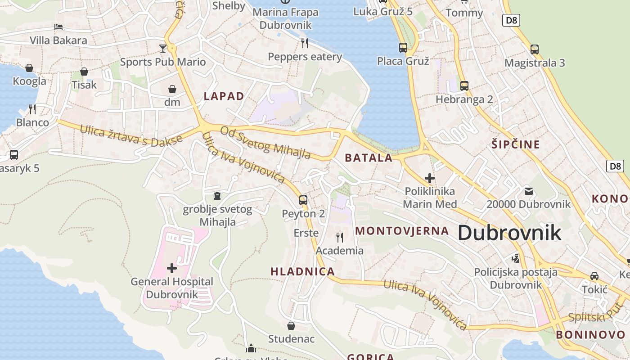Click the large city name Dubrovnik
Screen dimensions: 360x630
(x=509, y=233)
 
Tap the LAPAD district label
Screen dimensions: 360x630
(x=224, y=96)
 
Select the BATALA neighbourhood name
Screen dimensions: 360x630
(x=369, y=158)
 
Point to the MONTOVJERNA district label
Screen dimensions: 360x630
(x=402, y=231)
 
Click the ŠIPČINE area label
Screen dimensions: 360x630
(x=515, y=144)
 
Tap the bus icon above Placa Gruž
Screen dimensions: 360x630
(x=403, y=47)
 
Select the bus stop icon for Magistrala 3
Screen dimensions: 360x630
(x=534, y=49)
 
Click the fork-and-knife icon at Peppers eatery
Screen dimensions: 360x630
(x=305, y=43)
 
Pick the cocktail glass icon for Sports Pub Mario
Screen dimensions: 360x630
(x=162, y=48)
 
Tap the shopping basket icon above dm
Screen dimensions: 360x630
(x=172, y=89)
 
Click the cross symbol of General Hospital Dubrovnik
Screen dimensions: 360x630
(x=171, y=268)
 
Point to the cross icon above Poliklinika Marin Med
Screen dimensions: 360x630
(x=429, y=178)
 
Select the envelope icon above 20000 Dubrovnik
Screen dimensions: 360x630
(x=528, y=191)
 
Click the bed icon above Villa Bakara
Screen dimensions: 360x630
(x=58, y=27)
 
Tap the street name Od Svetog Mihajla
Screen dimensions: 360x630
(x=265, y=143)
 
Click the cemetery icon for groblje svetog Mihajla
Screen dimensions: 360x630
(x=217, y=196)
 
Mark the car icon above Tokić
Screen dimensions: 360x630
(x=594, y=276)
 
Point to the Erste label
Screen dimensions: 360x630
(x=306, y=233)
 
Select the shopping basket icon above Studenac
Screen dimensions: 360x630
(x=291, y=325)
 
